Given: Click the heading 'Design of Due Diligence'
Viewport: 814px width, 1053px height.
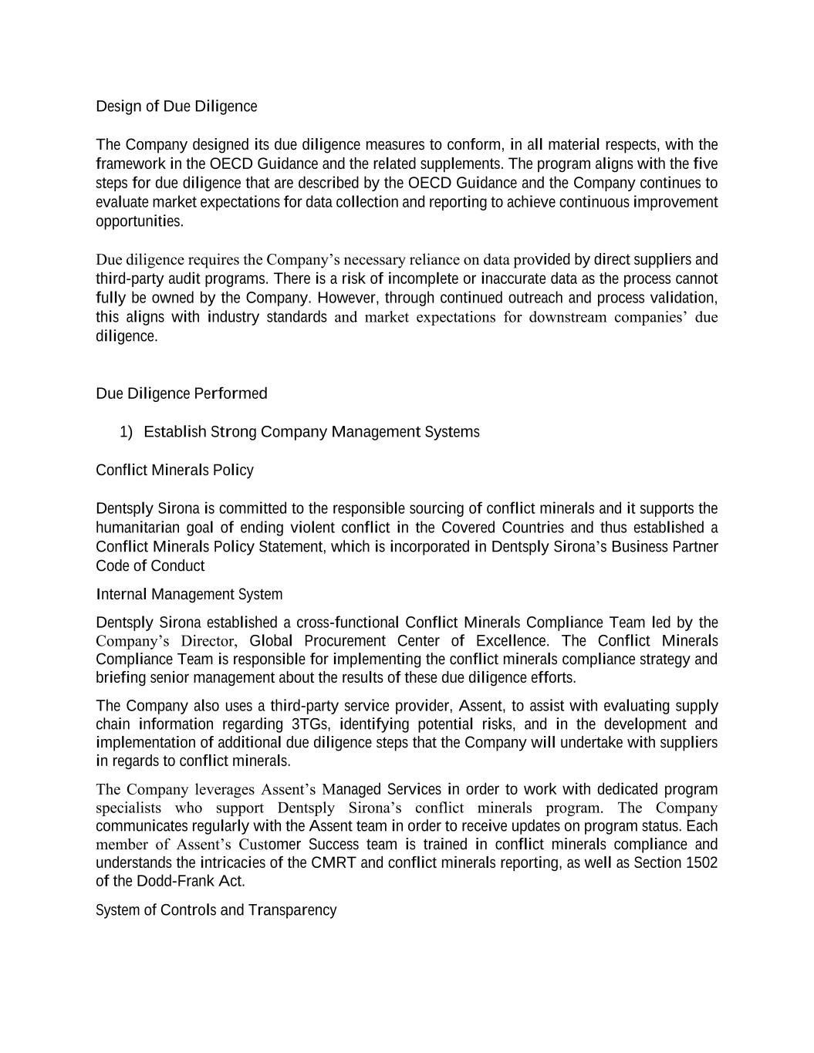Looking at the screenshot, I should click(176, 106).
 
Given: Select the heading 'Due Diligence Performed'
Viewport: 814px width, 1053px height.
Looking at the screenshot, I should click(181, 394).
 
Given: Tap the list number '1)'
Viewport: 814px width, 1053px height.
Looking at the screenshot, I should click(127, 432).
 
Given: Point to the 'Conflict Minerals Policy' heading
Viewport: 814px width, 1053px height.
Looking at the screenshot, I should click(174, 471).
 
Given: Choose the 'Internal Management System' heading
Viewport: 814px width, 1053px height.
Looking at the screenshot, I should click(189, 595).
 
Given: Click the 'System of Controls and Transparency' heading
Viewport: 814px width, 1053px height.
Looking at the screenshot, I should click(216, 910).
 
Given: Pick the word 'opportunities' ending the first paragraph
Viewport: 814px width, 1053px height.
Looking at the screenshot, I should click(139, 221).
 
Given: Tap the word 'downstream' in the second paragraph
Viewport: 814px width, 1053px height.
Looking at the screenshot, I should click(568, 318).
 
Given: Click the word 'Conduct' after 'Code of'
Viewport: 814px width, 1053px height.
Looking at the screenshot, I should click(177, 566).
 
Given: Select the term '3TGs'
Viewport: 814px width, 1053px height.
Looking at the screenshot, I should click(309, 724).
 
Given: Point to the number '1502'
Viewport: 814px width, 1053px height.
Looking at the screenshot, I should click(701, 863).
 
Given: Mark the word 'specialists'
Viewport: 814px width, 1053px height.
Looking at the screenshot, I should click(129, 808).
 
